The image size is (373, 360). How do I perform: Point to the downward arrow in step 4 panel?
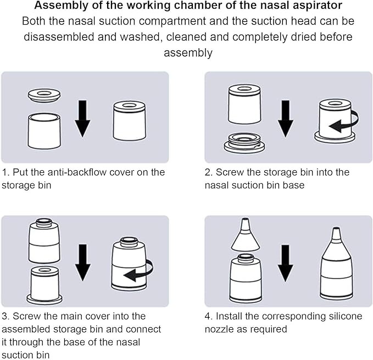pos(286,264)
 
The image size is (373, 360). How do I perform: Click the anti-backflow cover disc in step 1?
pos(43,95)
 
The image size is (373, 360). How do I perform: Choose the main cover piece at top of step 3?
pos(44,241)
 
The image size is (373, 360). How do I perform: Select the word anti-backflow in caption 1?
pos(69,172)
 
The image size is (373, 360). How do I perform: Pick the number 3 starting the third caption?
pos(5,316)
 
